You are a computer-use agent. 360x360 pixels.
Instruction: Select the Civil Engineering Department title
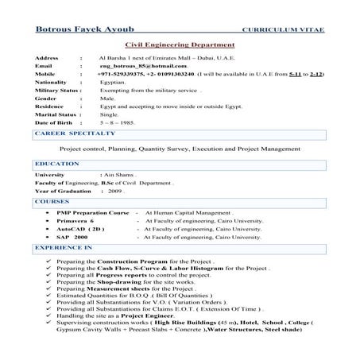(180, 46)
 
